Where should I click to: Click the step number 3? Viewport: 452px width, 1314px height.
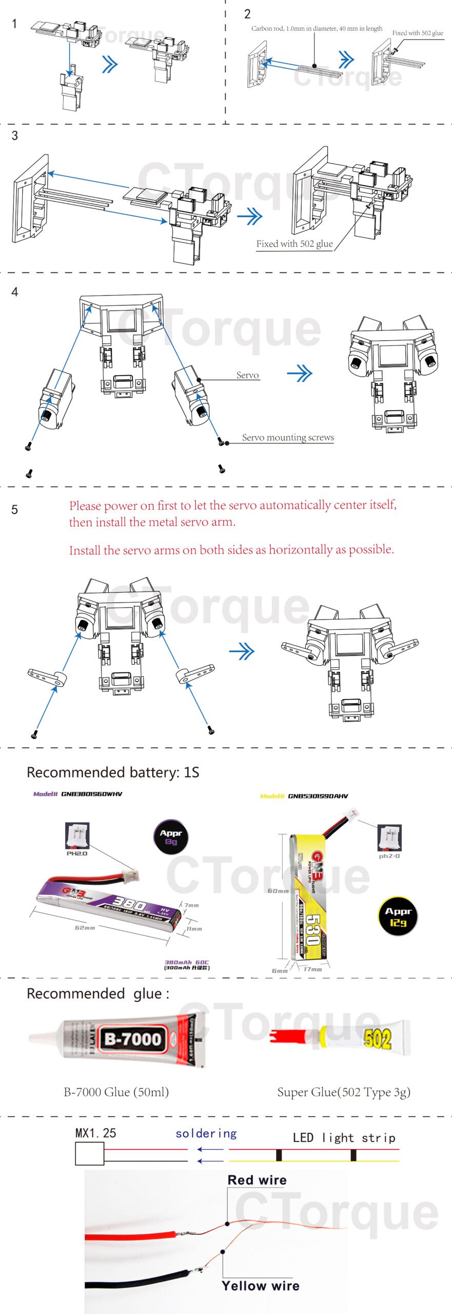point(14,136)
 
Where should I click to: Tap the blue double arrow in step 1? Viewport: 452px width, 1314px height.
point(110,65)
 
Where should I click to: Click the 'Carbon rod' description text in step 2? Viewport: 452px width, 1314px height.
point(317,29)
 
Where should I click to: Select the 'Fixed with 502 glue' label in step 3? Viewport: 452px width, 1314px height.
point(294,244)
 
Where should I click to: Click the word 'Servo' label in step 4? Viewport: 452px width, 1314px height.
point(247,375)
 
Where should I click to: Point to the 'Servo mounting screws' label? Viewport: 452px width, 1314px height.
point(288,437)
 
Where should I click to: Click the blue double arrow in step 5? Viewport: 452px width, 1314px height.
point(242,652)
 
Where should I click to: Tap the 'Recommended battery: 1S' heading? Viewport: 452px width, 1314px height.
point(113,772)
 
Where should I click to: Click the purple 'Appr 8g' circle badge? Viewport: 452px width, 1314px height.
point(171,837)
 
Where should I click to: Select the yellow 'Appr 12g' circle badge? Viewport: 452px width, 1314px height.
point(398,916)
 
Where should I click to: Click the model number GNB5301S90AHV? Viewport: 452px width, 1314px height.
point(318,796)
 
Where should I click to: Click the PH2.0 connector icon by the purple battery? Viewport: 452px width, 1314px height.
point(77,836)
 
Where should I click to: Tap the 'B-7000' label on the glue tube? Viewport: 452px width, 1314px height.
point(133,1039)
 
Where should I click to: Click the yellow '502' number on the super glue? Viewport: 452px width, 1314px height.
point(378,1038)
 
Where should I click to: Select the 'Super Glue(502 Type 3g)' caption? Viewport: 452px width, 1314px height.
point(344,1092)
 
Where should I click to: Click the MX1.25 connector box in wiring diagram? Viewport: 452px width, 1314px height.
point(89,1154)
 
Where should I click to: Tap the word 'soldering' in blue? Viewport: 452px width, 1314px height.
point(206,1133)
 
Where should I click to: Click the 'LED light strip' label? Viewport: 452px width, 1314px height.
point(344,1138)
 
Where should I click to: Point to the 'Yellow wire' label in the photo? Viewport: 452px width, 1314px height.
point(261,1285)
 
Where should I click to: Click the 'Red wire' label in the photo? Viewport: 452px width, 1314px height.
point(257,1180)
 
